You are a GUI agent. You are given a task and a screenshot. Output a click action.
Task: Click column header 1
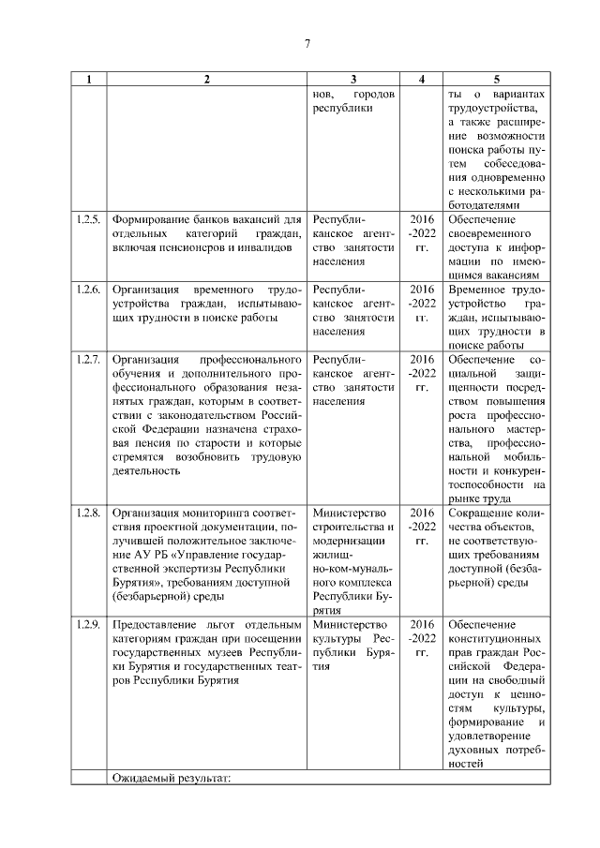88,80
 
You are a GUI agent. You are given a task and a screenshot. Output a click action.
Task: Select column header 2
206,80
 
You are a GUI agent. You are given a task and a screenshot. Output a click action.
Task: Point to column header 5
496,80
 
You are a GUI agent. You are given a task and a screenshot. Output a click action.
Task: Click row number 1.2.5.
88,219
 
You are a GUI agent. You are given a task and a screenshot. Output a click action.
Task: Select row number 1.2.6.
88,290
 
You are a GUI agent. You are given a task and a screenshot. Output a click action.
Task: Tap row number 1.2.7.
88,360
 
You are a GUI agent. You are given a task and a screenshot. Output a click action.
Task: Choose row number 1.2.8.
88,513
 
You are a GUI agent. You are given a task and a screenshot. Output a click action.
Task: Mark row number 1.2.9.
88,625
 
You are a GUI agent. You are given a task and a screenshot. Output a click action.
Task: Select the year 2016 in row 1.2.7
422,360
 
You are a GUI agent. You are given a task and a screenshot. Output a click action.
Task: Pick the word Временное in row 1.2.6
478,290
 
